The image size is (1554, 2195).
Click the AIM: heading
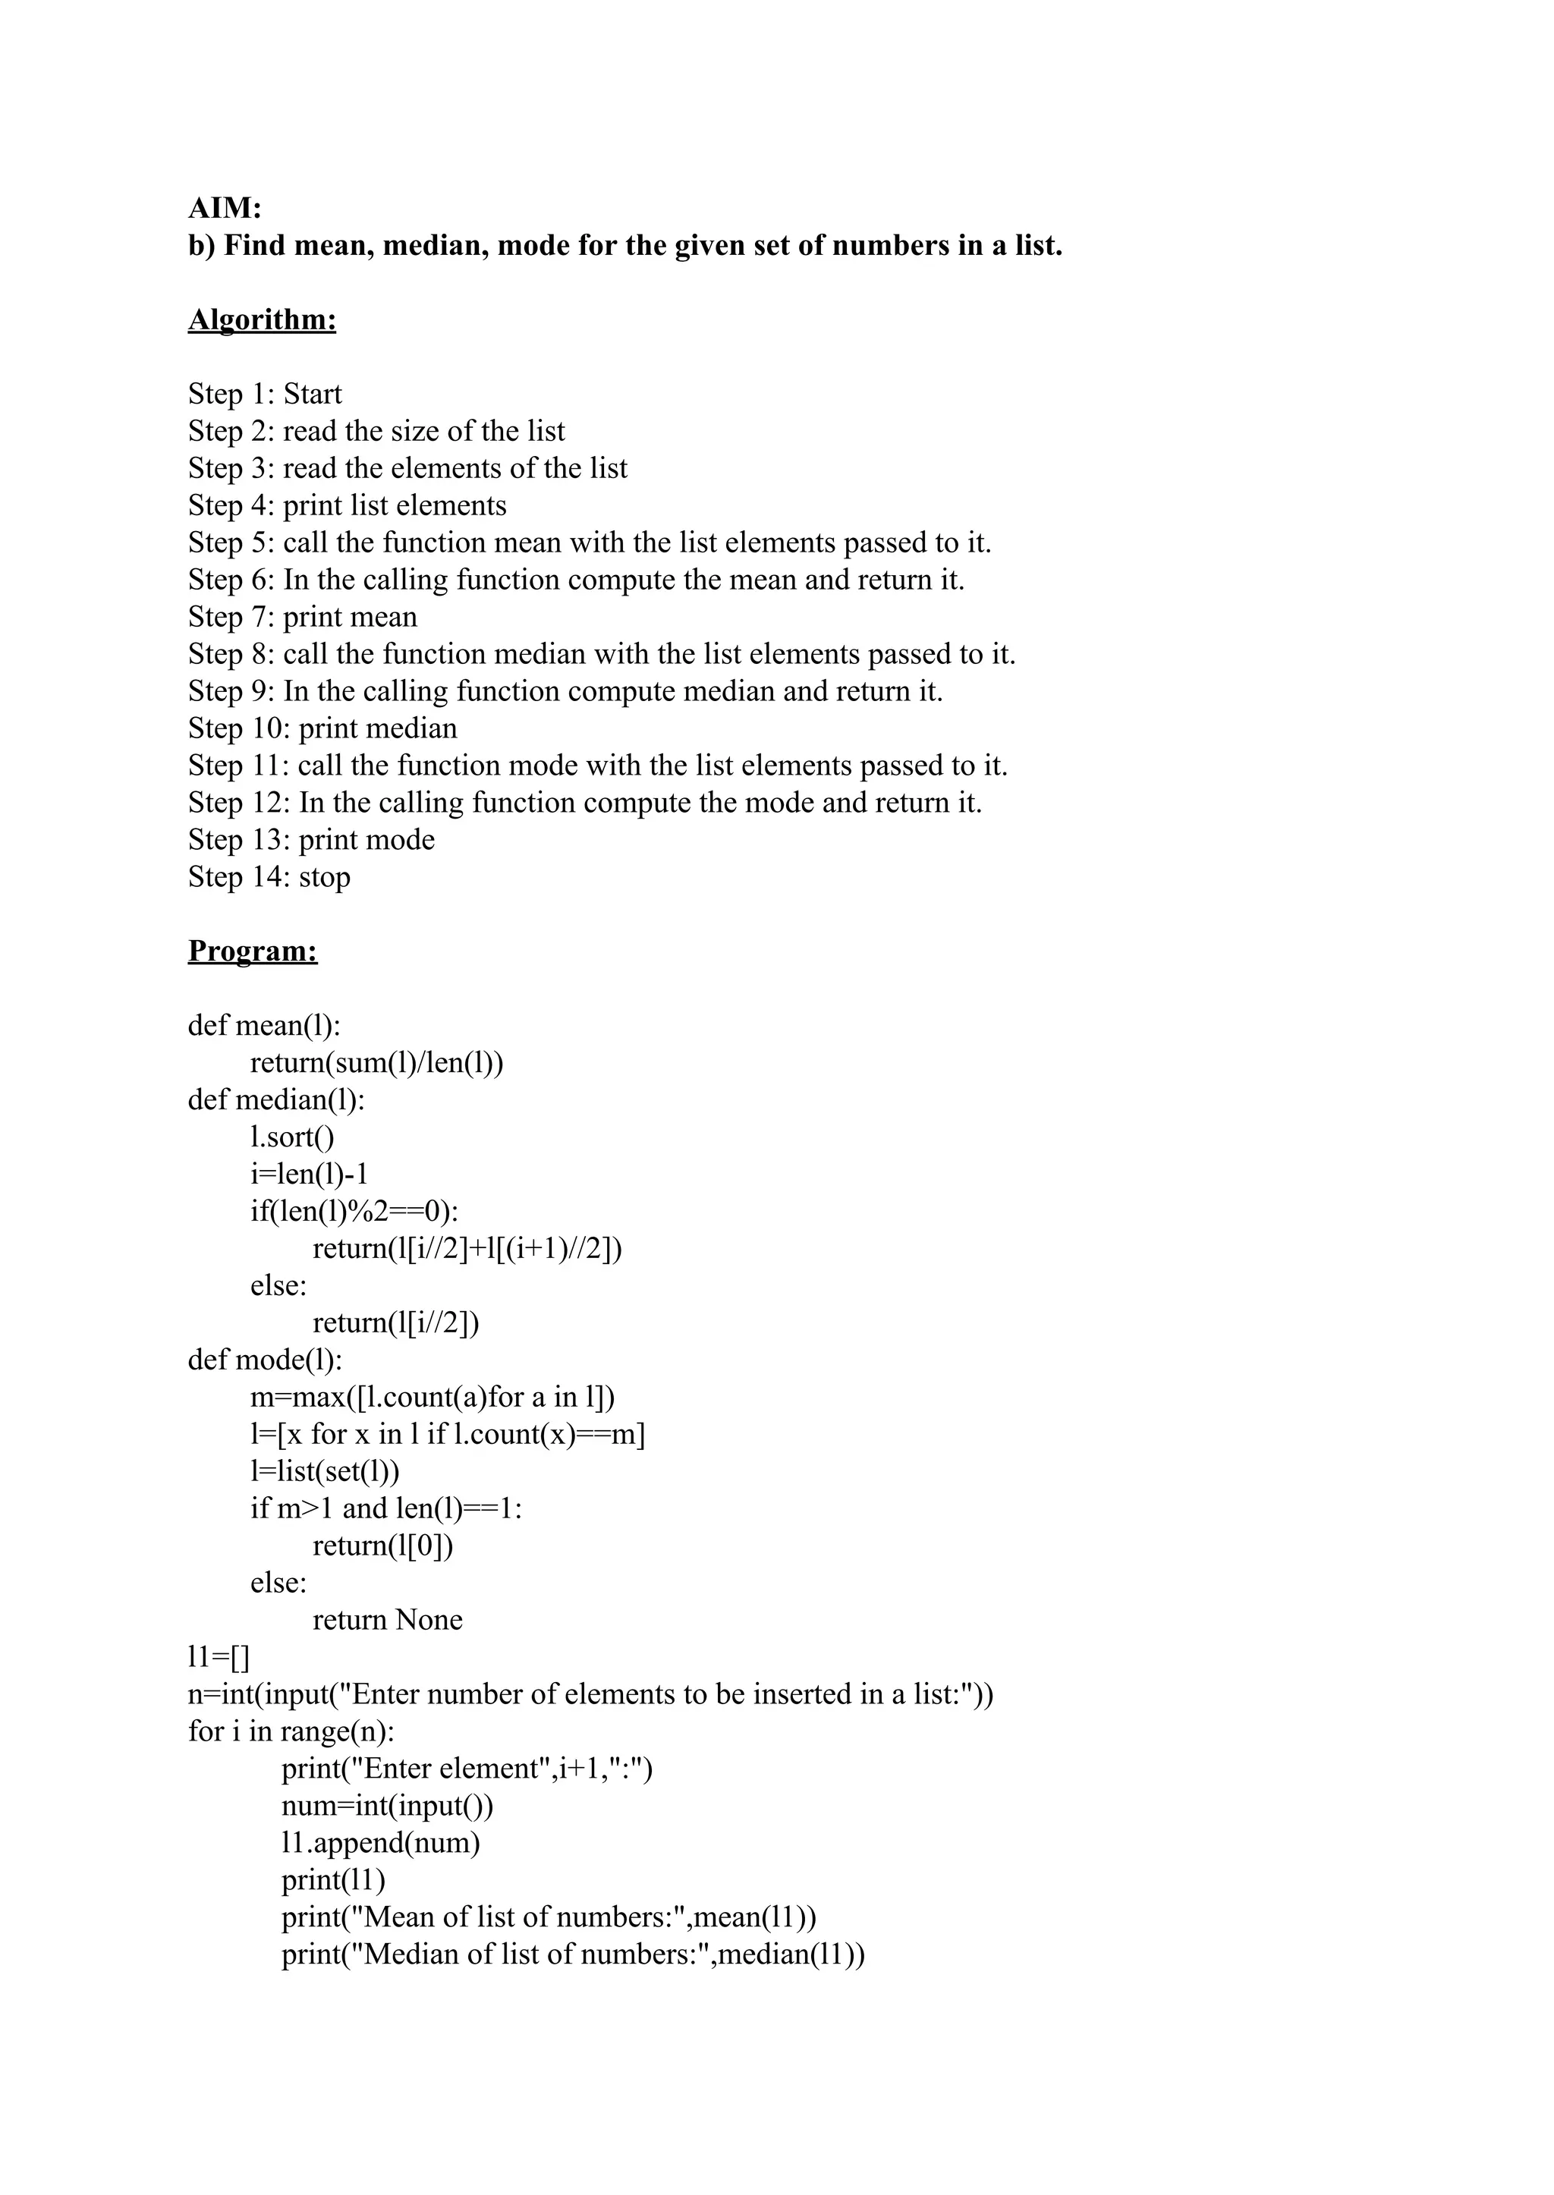225,208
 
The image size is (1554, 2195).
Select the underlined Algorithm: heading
263,319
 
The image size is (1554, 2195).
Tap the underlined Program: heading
253,951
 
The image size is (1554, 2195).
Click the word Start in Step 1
312,395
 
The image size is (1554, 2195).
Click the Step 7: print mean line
303,617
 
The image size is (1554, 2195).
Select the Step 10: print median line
322,729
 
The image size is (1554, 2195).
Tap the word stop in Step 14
325,877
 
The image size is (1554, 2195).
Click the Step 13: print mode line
311,840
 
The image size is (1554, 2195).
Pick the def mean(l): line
264,1026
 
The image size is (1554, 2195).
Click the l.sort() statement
293,1137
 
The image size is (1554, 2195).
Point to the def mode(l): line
265,1360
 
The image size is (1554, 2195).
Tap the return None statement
388,1620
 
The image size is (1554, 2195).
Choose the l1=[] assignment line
219,1657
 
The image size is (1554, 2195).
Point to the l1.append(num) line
381,1843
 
